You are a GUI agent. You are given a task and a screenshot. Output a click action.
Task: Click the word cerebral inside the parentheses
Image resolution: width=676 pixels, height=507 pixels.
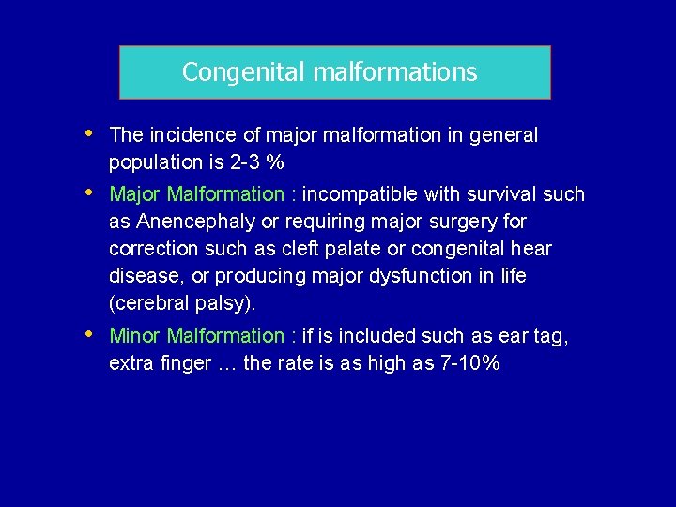click(150, 303)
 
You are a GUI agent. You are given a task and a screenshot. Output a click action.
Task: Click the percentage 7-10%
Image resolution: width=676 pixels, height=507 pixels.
click(469, 363)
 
